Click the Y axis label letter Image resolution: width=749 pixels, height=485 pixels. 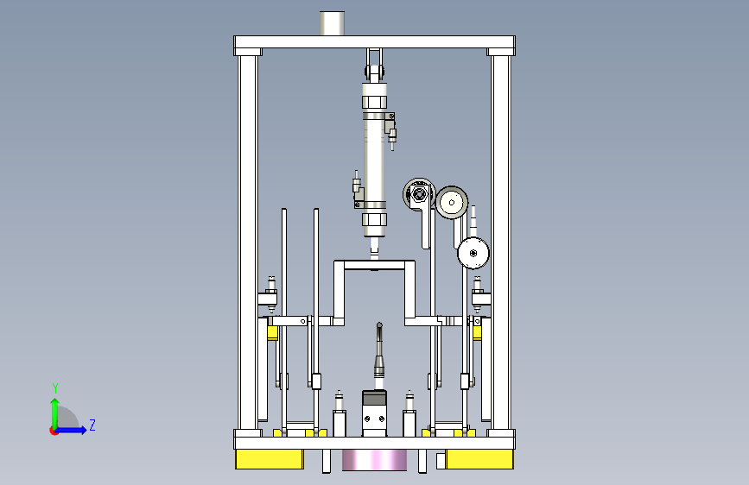click(55, 388)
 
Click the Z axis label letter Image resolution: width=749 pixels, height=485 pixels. click(92, 425)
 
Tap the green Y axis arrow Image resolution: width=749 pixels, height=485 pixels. click(55, 413)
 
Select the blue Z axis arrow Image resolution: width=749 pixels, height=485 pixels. click(71, 430)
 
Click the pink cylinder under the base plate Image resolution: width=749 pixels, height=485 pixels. click(375, 460)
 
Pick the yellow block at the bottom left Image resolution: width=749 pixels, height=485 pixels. click(270, 459)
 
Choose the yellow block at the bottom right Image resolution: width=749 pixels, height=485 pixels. click(479, 459)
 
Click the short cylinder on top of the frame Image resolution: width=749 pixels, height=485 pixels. click(332, 23)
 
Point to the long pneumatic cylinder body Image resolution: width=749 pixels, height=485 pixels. click(374, 160)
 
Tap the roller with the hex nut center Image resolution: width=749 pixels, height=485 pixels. click(419, 194)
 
